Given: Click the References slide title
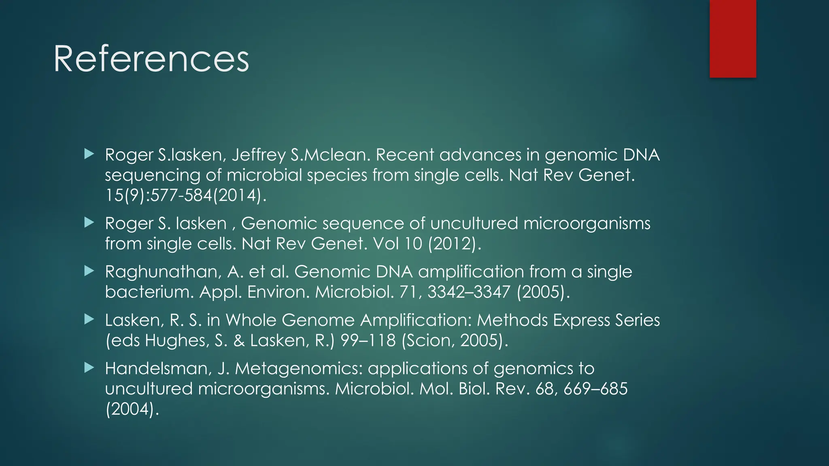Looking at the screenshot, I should [151, 59].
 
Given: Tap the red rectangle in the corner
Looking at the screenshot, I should [733, 38].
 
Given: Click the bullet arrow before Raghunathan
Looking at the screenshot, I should [89, 271].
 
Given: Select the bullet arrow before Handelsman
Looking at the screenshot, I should [89, 368].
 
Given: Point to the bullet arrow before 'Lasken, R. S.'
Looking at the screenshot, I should [89, 320].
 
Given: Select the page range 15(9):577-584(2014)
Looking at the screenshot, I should [186, 195].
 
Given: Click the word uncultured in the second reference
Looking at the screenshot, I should [474, 223].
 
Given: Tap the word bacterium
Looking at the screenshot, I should [149, 292].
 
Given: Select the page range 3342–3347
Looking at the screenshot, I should [469, 292].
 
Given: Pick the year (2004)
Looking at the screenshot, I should [132, 409].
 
